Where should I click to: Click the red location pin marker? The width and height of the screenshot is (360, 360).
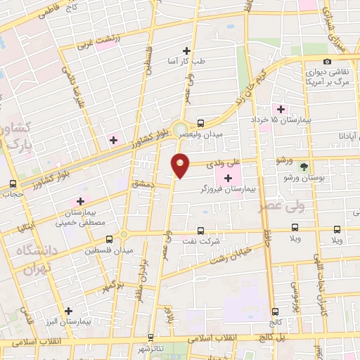pyautogui.click(x=181, y=165)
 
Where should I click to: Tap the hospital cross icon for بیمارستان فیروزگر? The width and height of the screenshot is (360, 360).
pyautogui.click(x=227, y=178)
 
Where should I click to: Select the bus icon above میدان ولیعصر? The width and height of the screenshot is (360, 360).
pyautogui.click(x=200, y=122)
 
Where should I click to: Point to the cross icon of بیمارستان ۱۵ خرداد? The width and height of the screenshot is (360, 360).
pyautogui.click(x=281, y=108)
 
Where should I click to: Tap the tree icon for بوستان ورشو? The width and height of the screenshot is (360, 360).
pyautogui.click(x=303, y=167)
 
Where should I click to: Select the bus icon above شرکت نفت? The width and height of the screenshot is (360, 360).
pyautogui.click(x=200, y=230)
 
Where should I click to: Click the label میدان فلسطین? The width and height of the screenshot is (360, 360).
pyautogui.click(x=104, y=250)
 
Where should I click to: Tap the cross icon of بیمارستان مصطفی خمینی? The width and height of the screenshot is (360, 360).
pyautogui.click(x=81, y=201)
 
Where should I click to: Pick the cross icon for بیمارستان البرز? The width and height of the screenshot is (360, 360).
pyautogui.click(x=68, y=310)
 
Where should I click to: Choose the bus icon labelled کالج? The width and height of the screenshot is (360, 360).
pyautogui.click(x=275, y=311)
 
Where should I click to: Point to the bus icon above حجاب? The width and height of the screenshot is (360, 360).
pyautogui.click(x=12, y=184)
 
